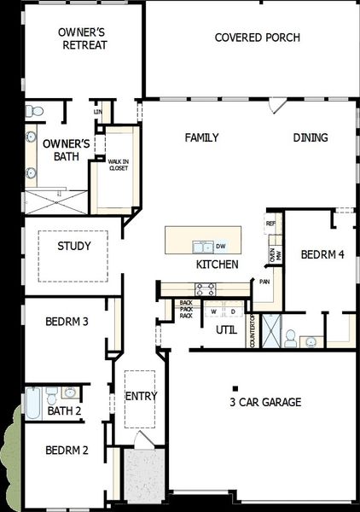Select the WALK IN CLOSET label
(x=118, y=165)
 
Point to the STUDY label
(x=74, y=247)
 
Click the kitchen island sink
(x=202, y=247)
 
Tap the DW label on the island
(x=220, y=246)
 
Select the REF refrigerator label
(x=271, y=224)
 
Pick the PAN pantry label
(x=265, y=281)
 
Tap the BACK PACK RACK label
(x=186, y=309)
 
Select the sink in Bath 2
(x=69, y=393)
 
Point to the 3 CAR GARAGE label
(x=265, y=402)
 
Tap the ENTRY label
(x=141, y=397)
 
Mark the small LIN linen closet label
(x=98, y=112)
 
